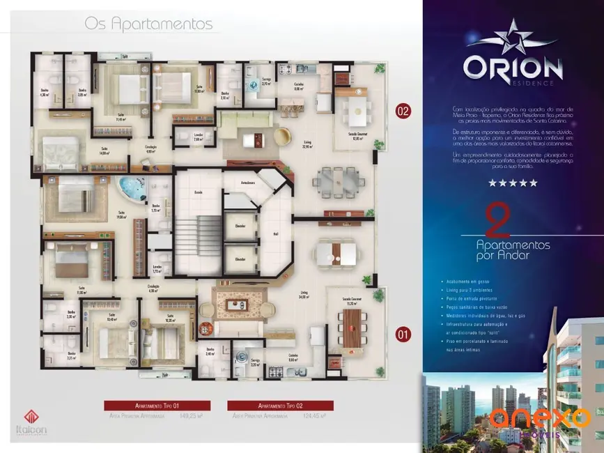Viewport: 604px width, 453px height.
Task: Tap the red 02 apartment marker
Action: tap(402, 111)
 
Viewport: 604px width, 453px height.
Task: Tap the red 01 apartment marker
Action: tap(402, 333)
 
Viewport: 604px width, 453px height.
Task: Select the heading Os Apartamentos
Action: tap(148, 24)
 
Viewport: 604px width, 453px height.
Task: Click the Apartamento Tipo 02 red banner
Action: tap(281, 406)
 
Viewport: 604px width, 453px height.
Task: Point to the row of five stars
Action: tap(513, 183)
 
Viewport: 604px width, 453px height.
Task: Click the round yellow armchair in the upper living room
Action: tap(284, 137)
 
